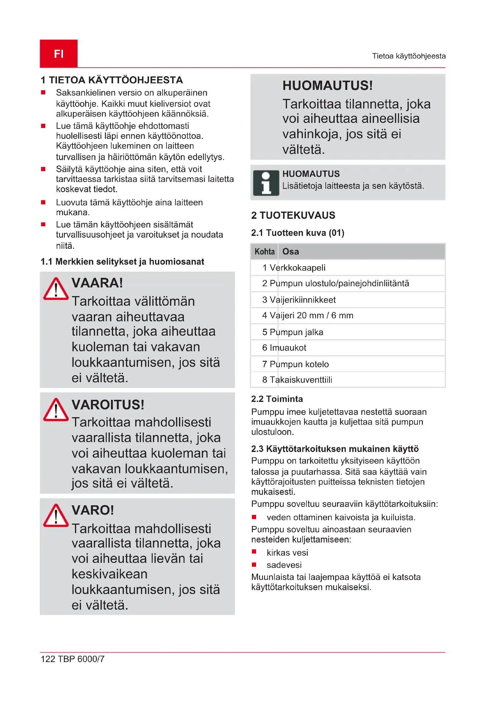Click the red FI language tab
click(59, 53)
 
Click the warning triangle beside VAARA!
click(56, 289)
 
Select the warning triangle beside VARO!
click(56, 516)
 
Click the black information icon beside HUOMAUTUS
click(266, 183)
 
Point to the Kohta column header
click(264, 251)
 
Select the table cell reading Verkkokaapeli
click(297, 268)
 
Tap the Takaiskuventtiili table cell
click(301, 380)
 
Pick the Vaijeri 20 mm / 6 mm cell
click(311, 315)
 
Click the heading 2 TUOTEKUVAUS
click(293, 215)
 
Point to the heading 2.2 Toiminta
click(277, 399)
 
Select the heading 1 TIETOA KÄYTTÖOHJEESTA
click(112, 80)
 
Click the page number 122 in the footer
click(48, 659)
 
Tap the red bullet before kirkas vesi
click(254, 552)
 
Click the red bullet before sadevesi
click(254, 565)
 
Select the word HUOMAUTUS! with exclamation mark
click(327, 85)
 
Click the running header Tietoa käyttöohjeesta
click(409, 56)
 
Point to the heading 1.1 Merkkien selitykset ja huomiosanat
click(122, 262)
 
